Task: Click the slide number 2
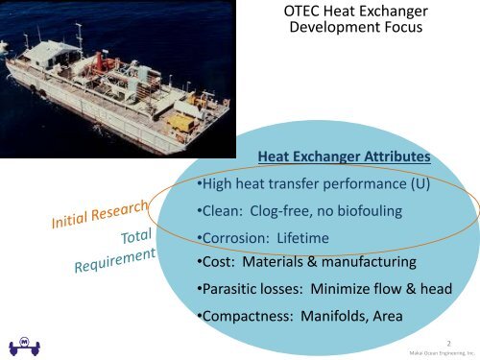click(x=449, y=338)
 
